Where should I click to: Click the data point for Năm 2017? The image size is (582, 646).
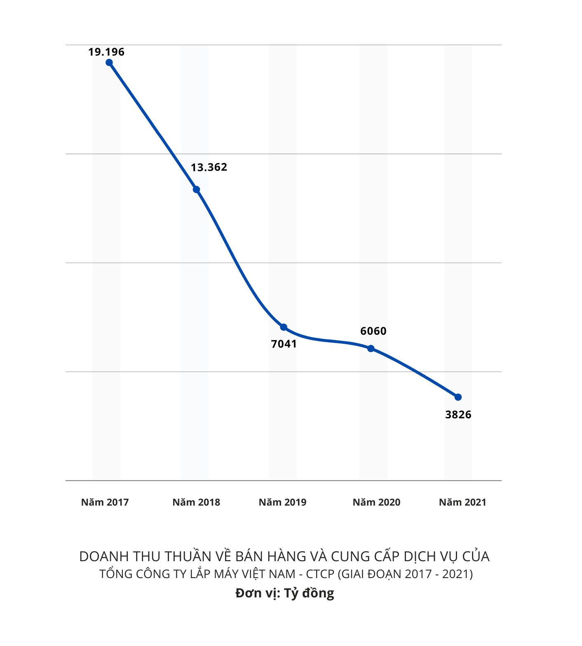click(109, 63)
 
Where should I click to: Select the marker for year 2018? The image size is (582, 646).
click(197, 189)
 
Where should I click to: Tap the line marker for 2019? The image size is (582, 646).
click(284, 327)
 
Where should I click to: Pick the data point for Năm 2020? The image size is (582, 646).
click(371, 348)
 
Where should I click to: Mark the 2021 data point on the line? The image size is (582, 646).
click(458, 397)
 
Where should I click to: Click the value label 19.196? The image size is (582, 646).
click(106, 52)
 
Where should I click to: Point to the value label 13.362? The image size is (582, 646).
click(209, 167)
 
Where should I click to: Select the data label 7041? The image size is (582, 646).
click(284, 344)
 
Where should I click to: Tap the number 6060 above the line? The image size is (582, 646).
click(373, 331)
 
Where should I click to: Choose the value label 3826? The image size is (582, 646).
click(458, 415)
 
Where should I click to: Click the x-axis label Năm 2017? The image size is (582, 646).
click(105, 502)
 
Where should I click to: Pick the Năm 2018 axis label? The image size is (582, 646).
click(196, 502)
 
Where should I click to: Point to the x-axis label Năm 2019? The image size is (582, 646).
click(283, 502)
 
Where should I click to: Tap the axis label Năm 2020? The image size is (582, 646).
click(376, 502)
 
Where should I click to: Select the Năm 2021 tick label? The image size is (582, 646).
click(462, 502)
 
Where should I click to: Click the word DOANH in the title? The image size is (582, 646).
click(99, 557)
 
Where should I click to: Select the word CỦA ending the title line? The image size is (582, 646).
click(476, 557)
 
